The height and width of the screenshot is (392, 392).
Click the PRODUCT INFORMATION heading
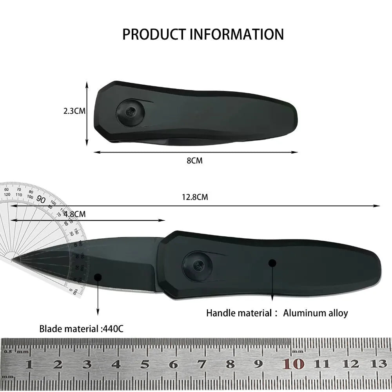click(x=203, y=34)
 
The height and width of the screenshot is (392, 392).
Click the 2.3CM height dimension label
click(x=74, y=111)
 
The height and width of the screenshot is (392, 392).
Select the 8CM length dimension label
click(x=195, y=160)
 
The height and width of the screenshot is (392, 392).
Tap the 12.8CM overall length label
click(x=195, y=197)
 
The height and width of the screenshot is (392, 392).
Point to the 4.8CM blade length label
click(x=74, y=214)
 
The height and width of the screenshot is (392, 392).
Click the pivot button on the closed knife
click(x=130, y=113)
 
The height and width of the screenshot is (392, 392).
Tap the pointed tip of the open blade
click(x=13, y=259)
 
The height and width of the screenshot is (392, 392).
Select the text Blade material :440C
click(x=81, y=328)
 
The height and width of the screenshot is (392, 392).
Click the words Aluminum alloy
click(x=316, y=313)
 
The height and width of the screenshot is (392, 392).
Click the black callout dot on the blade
click(x=98, y=277)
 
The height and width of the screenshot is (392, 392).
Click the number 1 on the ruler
click(x=29, y=364)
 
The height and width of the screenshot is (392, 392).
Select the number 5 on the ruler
click(x=145, y=364)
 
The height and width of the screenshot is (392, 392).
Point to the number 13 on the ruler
click(x=379, y=364)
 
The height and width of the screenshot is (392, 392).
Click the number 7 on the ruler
click(x=202, y=364)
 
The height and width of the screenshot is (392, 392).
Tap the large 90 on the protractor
click(x=41, y=199)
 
